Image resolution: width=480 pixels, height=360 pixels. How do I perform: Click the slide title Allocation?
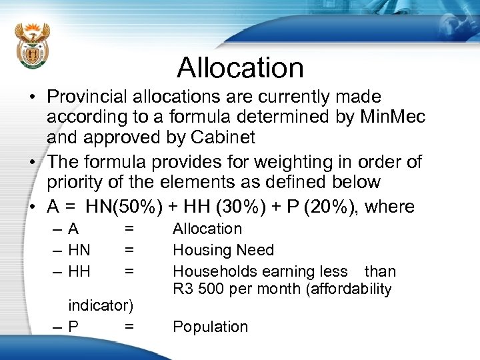tap(240, 67)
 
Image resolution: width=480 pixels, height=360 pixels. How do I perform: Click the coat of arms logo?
tap(32, 47)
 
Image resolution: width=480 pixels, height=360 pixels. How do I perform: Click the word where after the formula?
tap(390, 207)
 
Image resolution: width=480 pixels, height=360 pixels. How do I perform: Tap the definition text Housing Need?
tap(223, 250)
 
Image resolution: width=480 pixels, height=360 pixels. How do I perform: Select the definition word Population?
tap(210, 327)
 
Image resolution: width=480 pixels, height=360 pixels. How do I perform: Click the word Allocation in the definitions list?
tap(207, 229)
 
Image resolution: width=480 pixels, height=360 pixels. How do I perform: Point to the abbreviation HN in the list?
tap(79, 250)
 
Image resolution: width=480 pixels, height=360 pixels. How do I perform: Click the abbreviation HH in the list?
tap(79, 271)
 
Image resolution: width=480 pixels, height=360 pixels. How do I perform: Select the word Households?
tap(211, 271)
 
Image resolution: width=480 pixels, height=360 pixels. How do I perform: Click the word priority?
tap(73, 183)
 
